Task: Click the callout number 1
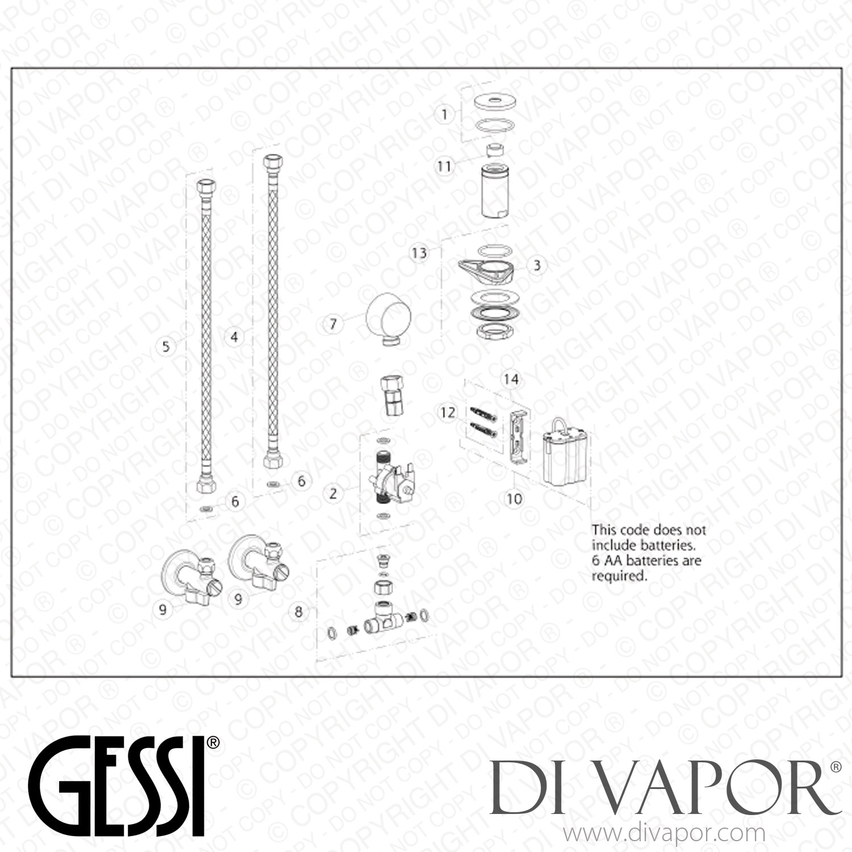point(445,114)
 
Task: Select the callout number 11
point(444,166)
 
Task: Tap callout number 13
point(419,252)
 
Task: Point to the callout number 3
point(537,265)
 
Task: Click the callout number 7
point(333,324)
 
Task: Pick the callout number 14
point(511,379)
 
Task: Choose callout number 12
point(448,412)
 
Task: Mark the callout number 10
point(514,499)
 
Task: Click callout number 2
point(333,493)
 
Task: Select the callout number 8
point(299,612)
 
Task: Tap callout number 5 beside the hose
point(166,345)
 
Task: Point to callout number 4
point(234,337)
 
